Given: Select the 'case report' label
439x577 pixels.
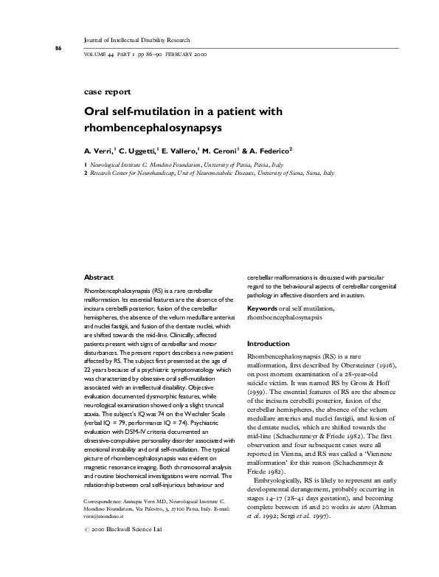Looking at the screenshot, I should pos(109,92).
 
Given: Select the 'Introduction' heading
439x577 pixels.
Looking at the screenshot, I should pos(267,344).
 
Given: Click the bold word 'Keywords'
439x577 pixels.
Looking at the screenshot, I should pos(262,307).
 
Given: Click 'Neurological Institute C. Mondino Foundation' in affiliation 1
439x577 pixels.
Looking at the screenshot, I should pos(140,165).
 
